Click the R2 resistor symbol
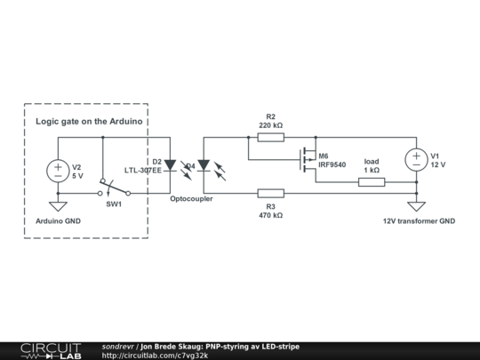[x=271, y=138]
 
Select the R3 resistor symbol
[x=271, y=193]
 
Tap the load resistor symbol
[x=372, y=182]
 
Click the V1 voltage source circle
[x=415, y=160]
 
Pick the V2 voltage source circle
[x=56, y=170]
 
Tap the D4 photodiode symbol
[x=204, y=165]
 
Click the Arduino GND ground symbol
[x=56, y=206]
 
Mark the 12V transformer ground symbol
[x=415, y=206]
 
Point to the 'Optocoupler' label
[x=191, y=199]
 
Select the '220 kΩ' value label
[x=271, y=126]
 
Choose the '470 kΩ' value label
[x=271, y=215]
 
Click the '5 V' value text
[x=77, y=175]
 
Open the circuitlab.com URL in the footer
[x=155, y=355]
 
